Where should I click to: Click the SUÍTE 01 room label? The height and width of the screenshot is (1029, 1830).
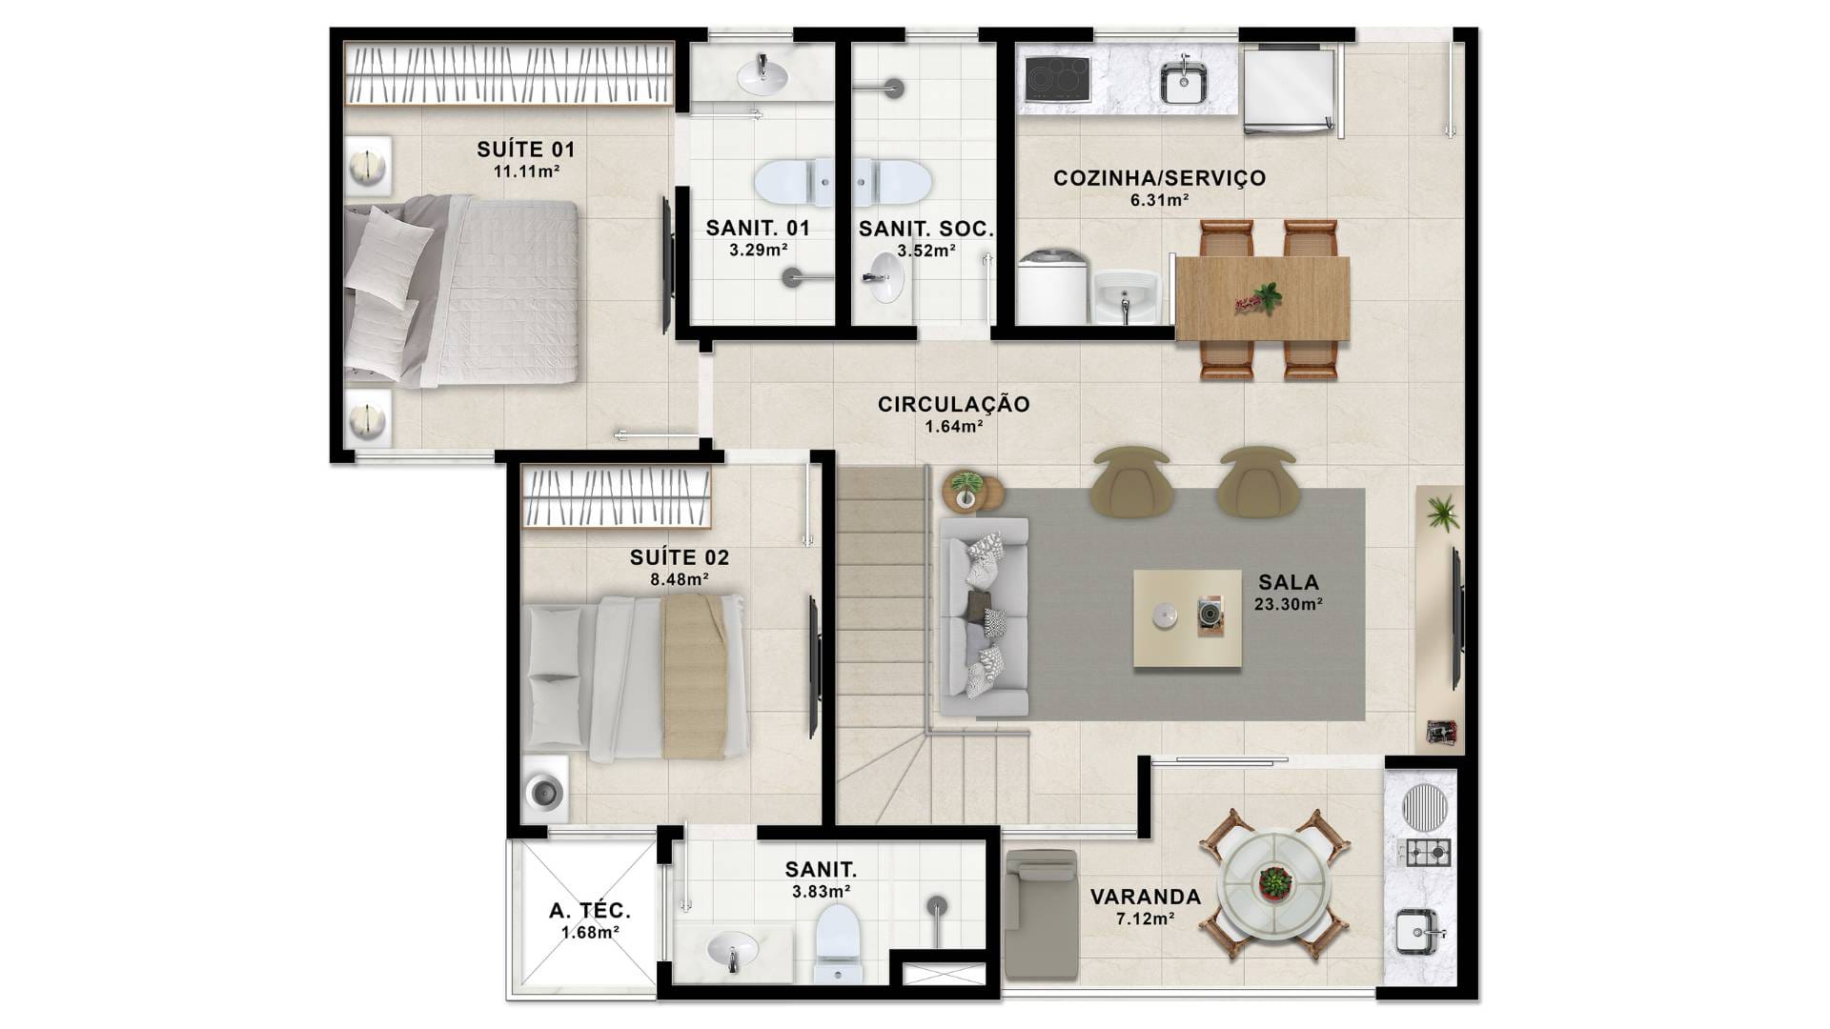tap(526, 150)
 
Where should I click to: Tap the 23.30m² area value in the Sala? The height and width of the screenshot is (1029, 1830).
tap(1288, 604)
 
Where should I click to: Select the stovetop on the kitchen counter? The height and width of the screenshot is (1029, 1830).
tap(1057, 78)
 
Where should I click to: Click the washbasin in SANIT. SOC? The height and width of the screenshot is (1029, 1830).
tap(884, 277)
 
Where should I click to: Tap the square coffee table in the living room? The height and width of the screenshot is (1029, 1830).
tap(1188, 619)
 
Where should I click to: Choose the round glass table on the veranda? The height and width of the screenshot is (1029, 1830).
tap(1273, 883)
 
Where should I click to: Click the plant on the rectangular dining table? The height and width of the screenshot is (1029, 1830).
tap(1260, 299)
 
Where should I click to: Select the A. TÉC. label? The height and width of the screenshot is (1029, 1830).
tap(590, 911)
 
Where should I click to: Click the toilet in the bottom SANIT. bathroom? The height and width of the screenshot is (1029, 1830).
tap(838, 942)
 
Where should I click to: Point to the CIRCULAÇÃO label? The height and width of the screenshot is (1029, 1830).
tap(954, 404)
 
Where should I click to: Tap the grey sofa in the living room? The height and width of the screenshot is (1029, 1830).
tap(984, 617)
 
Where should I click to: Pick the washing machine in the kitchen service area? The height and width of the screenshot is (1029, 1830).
tap(1051, 286)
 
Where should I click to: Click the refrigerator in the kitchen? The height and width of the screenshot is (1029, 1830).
tap(1289, 91)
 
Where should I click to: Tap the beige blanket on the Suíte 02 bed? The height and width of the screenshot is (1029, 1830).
tap(695, 676)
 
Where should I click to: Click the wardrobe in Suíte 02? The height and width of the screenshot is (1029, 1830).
tap(616, 496)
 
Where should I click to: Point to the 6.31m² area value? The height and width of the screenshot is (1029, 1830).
tap(1159, 200)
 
